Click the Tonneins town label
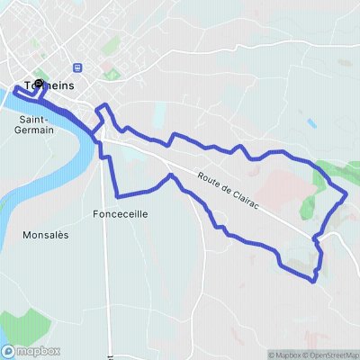(x=49, y=85)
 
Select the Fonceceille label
(x=120, y=214)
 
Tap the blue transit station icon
(x=78, y=67)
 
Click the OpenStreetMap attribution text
(x=326, y=355)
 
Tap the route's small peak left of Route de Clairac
(x=168, y=175)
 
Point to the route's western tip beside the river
(x=16, y=91)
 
